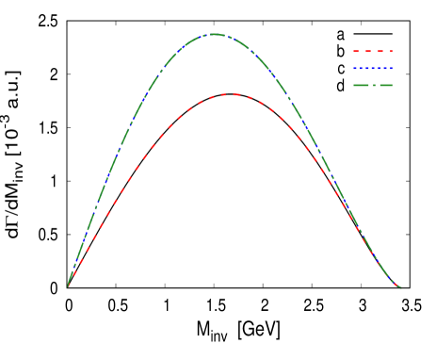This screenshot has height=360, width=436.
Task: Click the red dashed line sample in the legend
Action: tap(373, 52)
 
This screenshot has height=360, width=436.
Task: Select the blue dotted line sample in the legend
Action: tap(373, 69)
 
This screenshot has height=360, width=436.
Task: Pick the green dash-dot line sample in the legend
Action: tap(373, 86)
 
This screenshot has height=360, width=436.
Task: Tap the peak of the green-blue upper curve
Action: tap(215, 34)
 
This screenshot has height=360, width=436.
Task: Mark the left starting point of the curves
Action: tap(68, 286)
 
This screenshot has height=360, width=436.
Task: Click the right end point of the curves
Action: tap(400, 287)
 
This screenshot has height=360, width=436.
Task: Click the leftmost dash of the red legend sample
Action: tap(357, 52)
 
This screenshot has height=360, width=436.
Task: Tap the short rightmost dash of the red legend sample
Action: tap(391, 52)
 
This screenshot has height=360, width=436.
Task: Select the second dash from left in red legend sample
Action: tap(368, 52)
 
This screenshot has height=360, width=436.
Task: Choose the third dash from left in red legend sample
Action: tap(379, 52)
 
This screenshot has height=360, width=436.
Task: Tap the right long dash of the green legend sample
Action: tap(385, 86)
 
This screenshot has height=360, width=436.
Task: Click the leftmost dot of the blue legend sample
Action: tap(356, 69)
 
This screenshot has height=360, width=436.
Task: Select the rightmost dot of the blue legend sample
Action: tap(391, 69)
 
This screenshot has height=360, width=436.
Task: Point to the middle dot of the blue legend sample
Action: tap(373, 69)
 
